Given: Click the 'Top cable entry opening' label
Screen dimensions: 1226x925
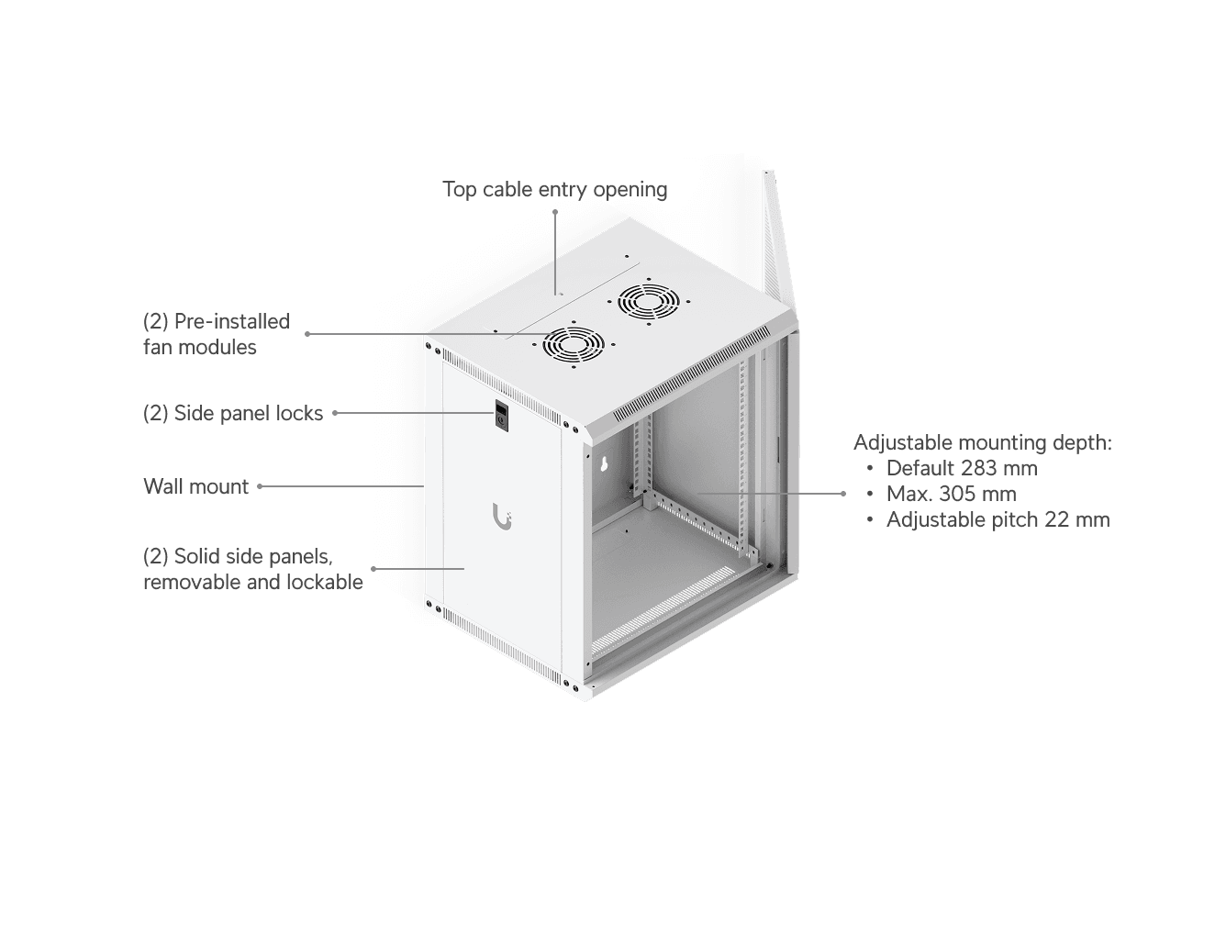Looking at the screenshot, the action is pos(554,189).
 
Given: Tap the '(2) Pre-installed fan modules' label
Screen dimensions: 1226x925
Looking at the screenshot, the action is pos(217,334).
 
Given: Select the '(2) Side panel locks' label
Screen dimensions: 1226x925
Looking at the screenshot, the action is pos(233,413).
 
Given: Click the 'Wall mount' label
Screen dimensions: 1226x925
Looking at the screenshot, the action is pos(195,486).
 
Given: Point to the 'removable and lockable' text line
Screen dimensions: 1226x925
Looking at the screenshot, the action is pos(253,582).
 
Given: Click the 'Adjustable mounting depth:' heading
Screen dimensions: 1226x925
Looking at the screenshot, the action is pos(983,443).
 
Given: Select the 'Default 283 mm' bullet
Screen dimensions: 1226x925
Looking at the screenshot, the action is pos(961,468).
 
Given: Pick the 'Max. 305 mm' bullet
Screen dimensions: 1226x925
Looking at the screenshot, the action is pos(952,494).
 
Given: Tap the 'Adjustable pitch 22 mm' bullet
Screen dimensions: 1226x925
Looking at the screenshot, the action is pos(998,520).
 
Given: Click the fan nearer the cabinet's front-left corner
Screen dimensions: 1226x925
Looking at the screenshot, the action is pos(573,345).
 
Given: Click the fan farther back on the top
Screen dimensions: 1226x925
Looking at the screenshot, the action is pos(649,302).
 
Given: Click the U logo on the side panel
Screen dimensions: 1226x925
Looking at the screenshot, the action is pos(502,516).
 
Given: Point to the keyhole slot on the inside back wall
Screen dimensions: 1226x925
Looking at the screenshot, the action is pos(603,463).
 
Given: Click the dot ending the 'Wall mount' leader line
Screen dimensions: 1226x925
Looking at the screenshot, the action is pos(260,486).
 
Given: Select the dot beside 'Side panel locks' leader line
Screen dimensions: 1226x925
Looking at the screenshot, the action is pos(335,413).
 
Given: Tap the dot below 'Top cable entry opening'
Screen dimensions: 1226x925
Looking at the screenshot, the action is pos(555,212).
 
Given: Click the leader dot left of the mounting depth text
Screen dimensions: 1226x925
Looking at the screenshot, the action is pos(843,494).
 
